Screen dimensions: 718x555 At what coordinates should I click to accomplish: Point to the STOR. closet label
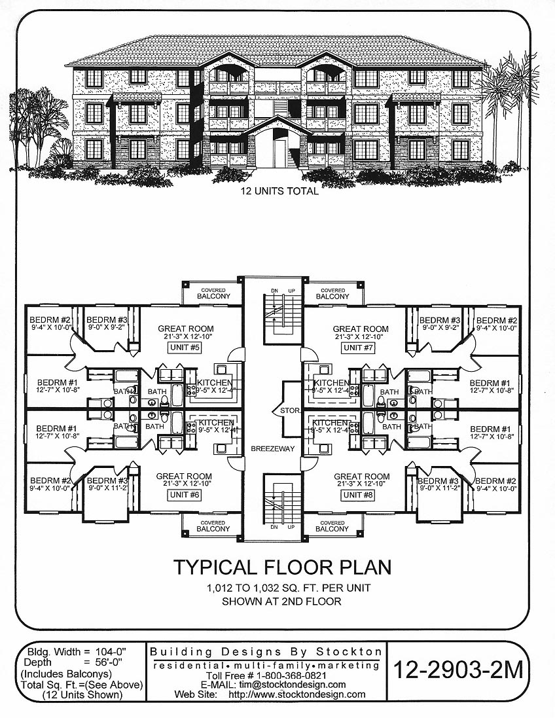point(290,410)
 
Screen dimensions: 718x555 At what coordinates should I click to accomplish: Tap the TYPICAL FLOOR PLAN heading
point(281,567)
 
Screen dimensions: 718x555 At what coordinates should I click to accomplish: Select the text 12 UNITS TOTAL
point(279,192)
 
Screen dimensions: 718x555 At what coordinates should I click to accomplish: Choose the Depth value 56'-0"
point(105,662)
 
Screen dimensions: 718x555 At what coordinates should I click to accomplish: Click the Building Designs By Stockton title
point(266,652)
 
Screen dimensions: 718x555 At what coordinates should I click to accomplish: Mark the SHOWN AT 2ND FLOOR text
point(281,601)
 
